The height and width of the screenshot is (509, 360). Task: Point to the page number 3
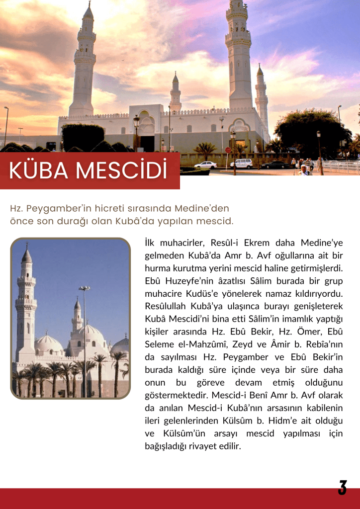(342, 488)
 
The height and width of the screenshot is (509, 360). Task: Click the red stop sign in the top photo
(228, 150)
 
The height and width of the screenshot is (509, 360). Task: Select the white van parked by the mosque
(242, 164)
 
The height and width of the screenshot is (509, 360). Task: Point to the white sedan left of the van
(205, 165)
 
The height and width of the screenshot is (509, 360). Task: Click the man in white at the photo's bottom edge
(303, 170)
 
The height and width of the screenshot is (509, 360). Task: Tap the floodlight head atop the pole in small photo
(84, 288)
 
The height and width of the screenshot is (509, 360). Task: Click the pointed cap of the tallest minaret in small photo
(26, 255)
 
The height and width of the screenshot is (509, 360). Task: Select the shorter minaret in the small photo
(77, 318)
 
